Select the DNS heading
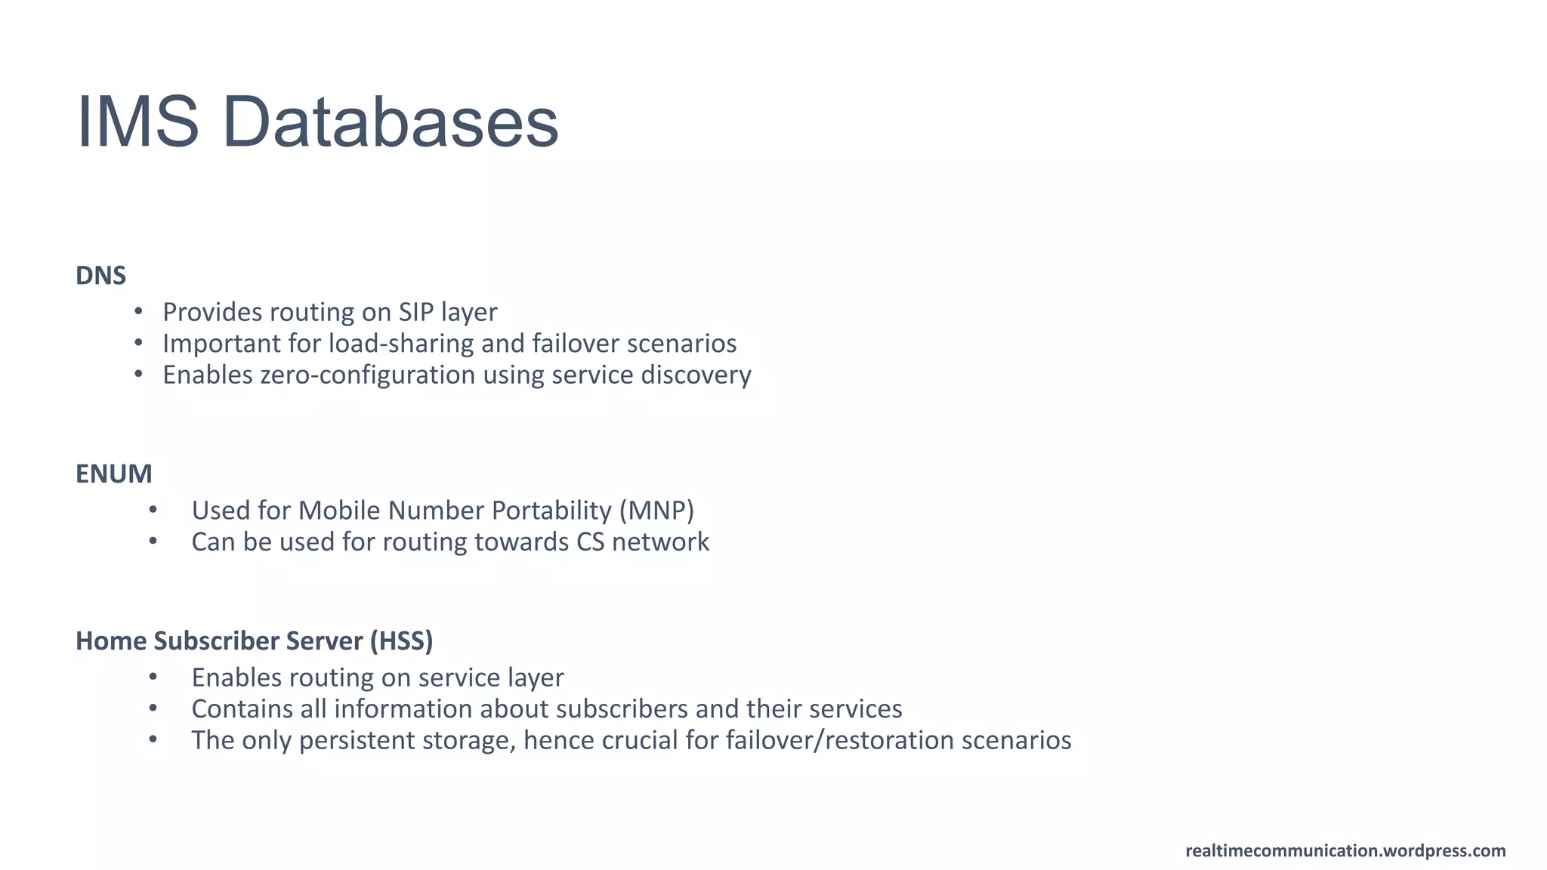click(100, 276)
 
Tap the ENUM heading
click(113, 474)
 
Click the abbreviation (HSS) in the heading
click(401, 641)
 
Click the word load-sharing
click(400, 344)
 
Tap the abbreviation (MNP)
click(656, 511)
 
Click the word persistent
click(357, 740)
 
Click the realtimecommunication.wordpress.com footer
click(1345, 851)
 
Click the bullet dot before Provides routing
click(138, 311)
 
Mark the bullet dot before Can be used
click(153, 541)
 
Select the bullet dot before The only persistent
click(153, 739)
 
